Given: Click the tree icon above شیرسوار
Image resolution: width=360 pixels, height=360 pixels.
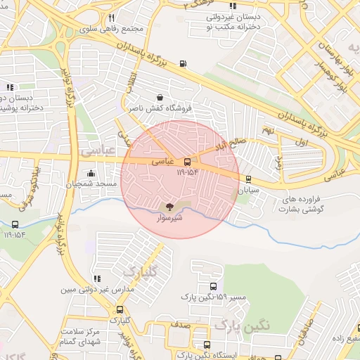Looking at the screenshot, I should (168, 206).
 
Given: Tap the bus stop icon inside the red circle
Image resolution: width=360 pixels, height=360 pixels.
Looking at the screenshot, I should (186, 161).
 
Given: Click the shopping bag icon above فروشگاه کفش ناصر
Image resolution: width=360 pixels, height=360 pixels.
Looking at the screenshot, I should (160, 98).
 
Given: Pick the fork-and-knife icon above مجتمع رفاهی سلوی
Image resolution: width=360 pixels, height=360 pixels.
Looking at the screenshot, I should (112, 18).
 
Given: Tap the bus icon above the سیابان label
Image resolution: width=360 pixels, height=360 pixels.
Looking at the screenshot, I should (248, 179).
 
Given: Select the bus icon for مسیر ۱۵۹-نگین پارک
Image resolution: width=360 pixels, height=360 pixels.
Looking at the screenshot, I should (213, 286).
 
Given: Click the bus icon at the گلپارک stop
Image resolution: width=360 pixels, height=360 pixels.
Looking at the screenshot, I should (120, 309).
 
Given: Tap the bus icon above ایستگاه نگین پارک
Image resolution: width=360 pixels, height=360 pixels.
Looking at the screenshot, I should (206, 345).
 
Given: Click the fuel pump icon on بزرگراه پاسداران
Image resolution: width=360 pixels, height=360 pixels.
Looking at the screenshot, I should (184, 64).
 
